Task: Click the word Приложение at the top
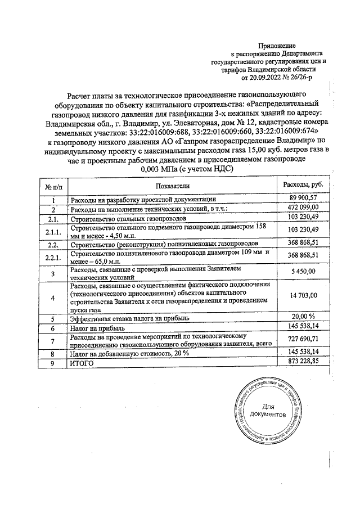277,44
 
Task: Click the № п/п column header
52,186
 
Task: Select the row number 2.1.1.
52,231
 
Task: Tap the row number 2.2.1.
52,256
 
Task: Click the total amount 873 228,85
304,363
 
